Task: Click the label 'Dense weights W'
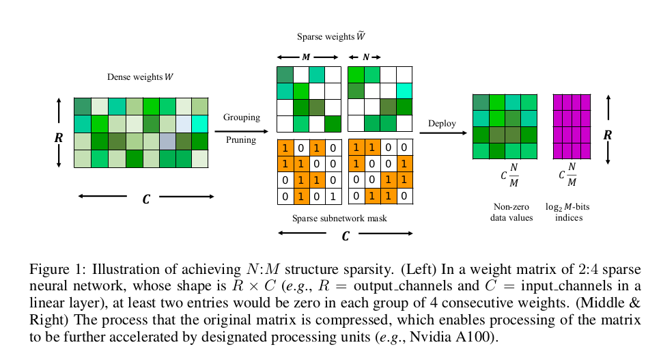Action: pyautogui.click(x=140, y=77)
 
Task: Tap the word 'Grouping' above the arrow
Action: pyautogui.click(x=242, y=117)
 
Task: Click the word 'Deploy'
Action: pyautogui.click(x=442, y=123)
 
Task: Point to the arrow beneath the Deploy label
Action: pyautogui.click(x=442, y=133)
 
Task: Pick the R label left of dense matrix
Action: pyautogui.click(x=59, y=137)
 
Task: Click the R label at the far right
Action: pyautogui.click(x=608, y=135)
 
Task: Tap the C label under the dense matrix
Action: pyautogui.click(x=145, y=199)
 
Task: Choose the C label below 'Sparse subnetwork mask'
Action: pyautogui.click(x=346, y=236)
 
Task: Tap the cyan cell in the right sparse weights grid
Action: pyautogui.click(x=404, y=91)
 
